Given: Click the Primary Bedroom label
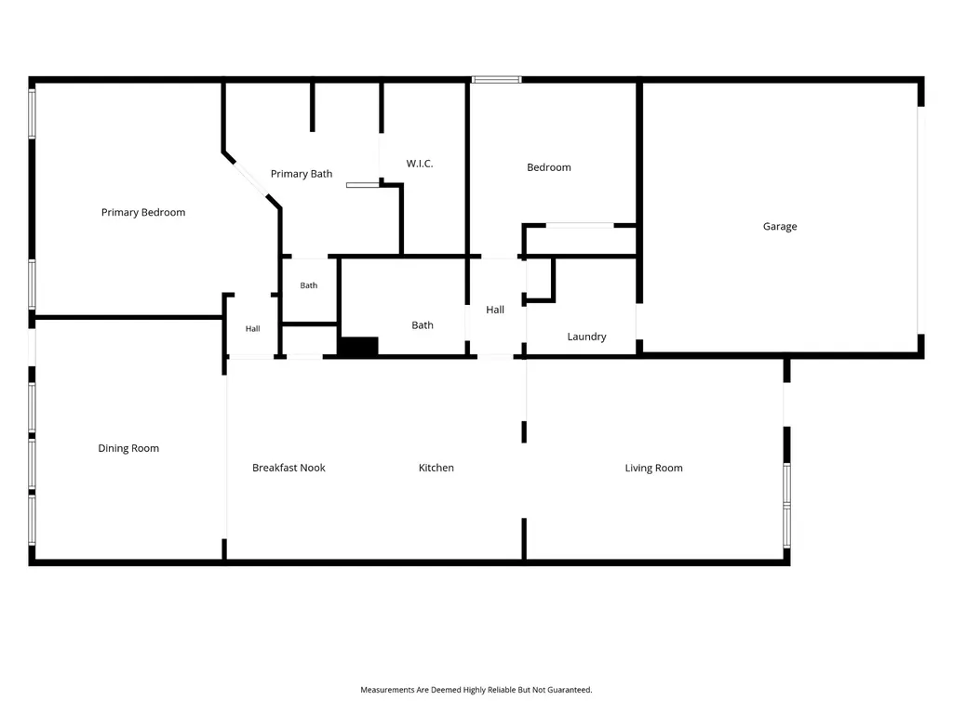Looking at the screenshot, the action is [142, 212].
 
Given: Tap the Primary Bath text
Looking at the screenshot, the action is [302, 174].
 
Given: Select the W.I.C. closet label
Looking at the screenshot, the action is [420, 164].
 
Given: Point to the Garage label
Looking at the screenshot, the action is [780, 227].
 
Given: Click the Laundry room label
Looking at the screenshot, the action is [586, 337].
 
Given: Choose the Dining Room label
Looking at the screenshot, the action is [128, 448].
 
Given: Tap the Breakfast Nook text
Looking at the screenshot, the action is [289, 468].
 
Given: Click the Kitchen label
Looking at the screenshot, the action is [436, 468].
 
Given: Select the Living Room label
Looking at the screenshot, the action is [654, 468].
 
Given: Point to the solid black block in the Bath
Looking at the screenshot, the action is [358, 346].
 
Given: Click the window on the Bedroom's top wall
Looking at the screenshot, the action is [497, 80].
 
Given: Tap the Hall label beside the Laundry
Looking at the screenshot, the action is [495, 310].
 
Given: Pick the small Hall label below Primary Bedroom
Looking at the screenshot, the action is [253, 328].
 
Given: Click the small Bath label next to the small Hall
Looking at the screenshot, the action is [309, 285].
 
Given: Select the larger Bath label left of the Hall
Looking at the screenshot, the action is [423, 324].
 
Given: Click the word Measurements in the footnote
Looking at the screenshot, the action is [387, 690].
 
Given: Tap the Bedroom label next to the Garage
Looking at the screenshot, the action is [549, 167].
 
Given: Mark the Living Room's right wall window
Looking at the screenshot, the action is [786, 505].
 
